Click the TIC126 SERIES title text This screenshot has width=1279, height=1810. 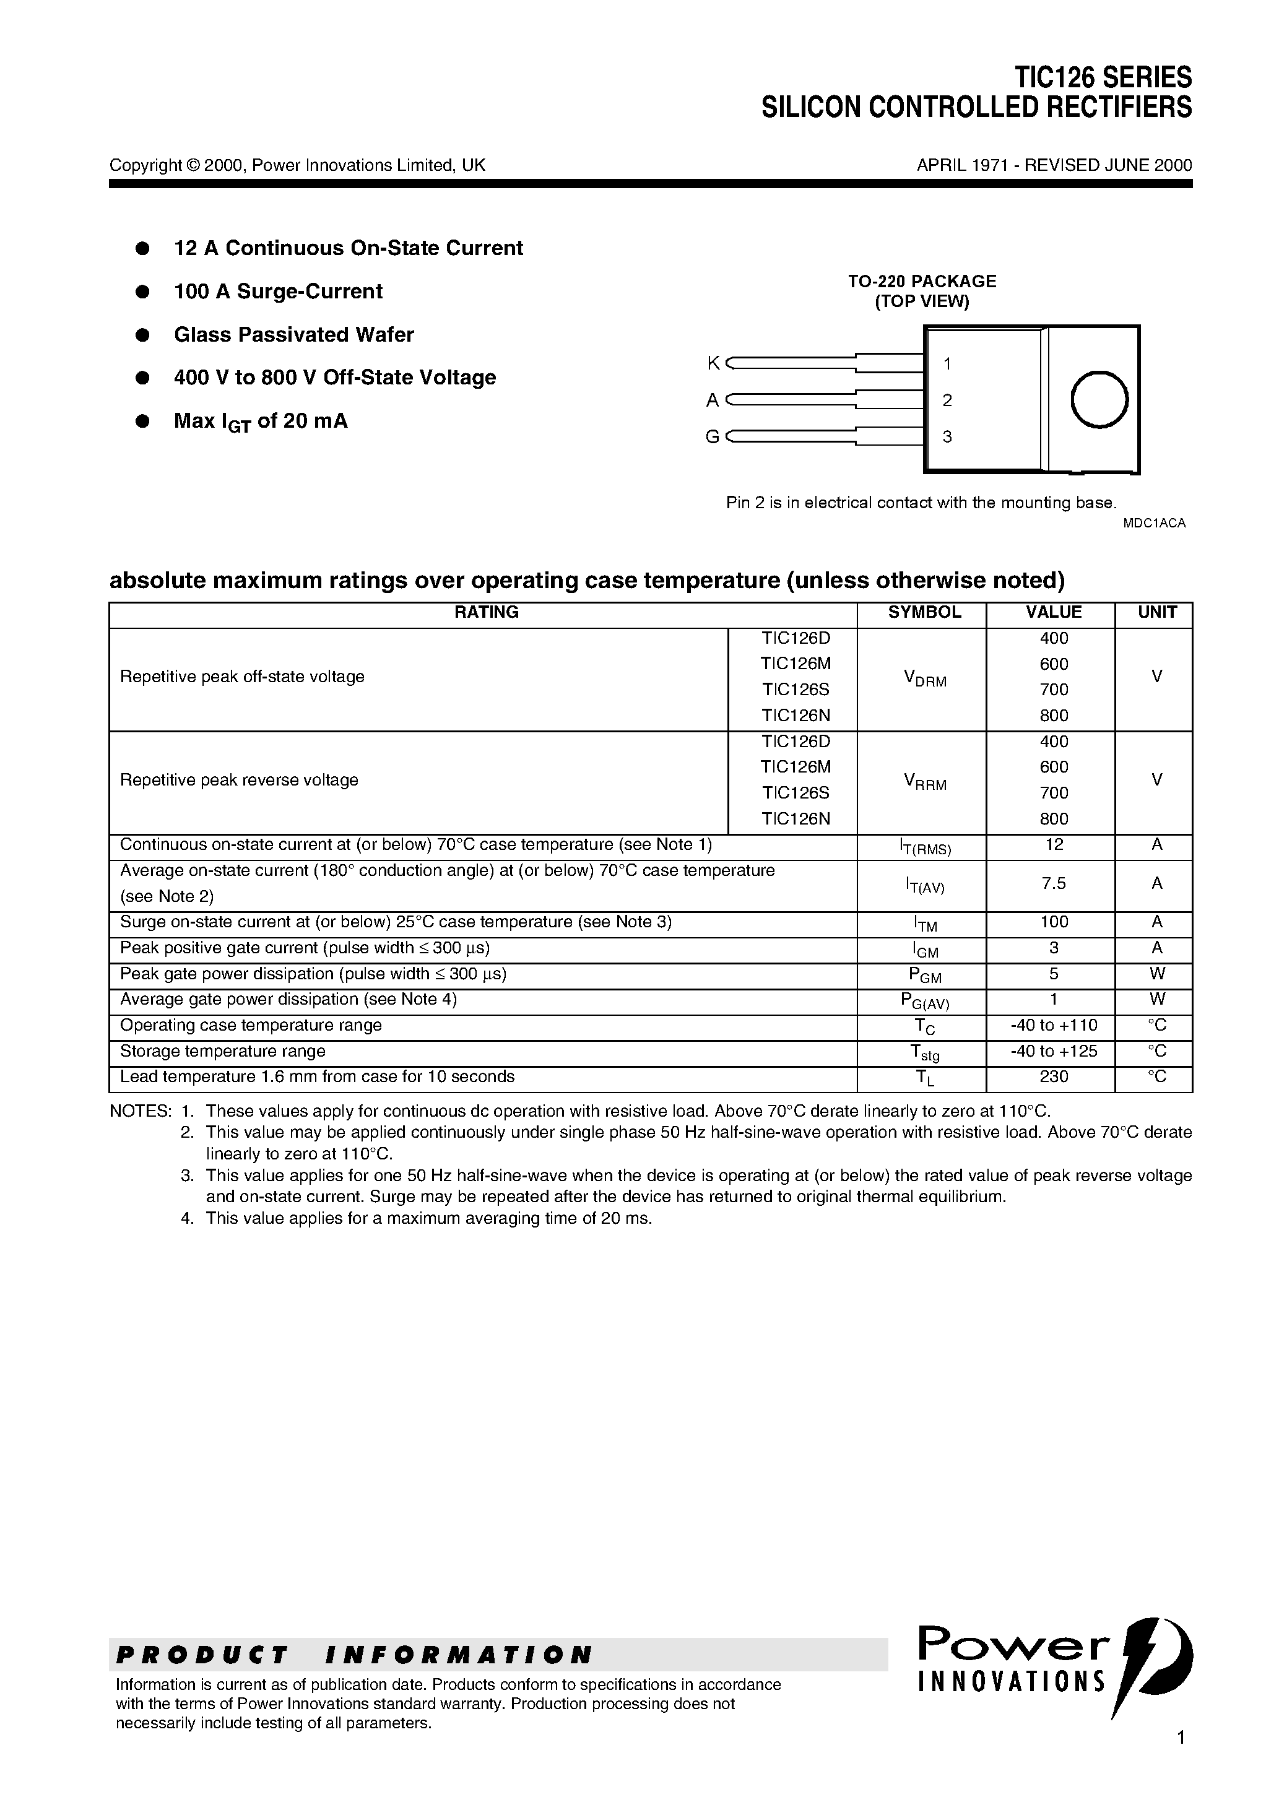coord(1103,77)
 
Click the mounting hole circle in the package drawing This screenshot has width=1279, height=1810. coord(1099,400)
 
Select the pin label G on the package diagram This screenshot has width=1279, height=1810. coord(712,437)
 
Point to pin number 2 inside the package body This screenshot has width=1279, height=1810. coord(947,401)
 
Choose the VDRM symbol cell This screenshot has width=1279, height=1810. coord(924,678)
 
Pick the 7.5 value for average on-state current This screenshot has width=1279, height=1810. coord(1054,884)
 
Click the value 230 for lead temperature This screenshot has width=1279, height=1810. coord(1054,1077)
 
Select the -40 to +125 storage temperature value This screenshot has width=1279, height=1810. coord(1054,1051)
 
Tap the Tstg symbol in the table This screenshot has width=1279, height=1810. coord(924,1052)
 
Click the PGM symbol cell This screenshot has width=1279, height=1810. coord(924,975)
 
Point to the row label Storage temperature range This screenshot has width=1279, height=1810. coord(222,1051)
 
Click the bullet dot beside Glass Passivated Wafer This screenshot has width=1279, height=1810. coord(143,335)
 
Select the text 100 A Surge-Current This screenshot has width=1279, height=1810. coord(277,292)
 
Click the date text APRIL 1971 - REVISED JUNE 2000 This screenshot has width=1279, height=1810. coord(1054,165)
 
